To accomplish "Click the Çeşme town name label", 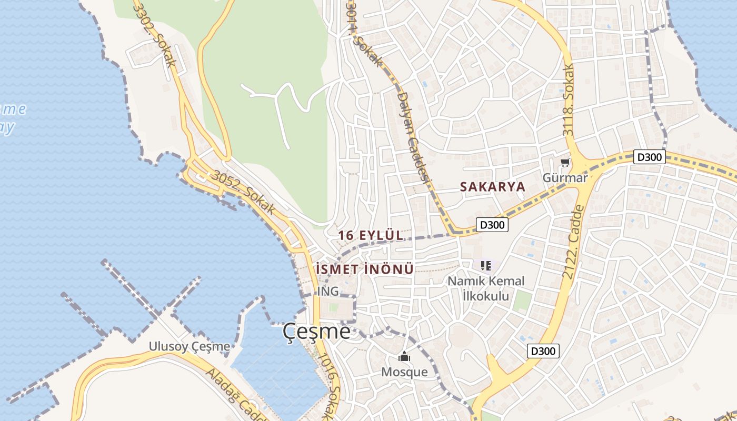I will pos(316,331).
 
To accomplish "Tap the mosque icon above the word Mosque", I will pos(404,357).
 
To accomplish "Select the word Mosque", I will pos(404,372).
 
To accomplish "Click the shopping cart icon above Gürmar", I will pos(565,163).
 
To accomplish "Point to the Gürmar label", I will pos(565,178).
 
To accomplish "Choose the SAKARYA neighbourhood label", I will pos(493,187).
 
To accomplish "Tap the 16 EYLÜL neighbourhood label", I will pos(371,235).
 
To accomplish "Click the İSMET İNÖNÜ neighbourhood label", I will pos(365,269).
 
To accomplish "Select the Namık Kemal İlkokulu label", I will pos(486,288).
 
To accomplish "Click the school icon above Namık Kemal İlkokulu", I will pos(485,266).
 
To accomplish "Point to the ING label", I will pos(328,291).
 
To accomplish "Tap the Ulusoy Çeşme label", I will pos(190,346).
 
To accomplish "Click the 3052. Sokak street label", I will pos(243,192).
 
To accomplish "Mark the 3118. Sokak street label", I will pos(568,100).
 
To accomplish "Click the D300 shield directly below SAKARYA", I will pos(492,225).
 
